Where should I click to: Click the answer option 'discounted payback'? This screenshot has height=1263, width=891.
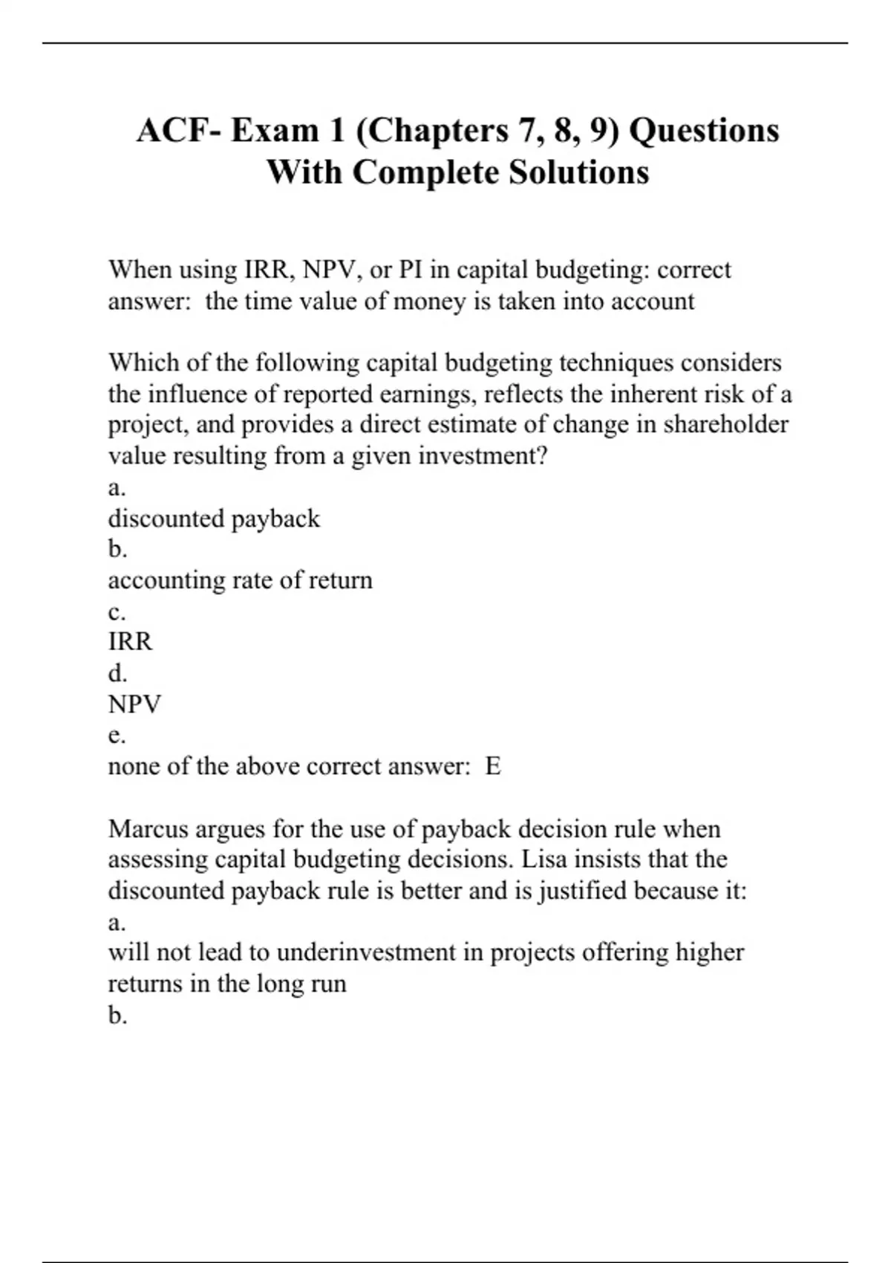214,519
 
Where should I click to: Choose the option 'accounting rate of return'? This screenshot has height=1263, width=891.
240,580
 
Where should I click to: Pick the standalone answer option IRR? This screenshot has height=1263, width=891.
130,642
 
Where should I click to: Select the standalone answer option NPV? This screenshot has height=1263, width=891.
134,704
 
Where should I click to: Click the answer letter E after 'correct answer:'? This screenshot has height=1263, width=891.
493,766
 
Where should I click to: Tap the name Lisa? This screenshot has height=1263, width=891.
543,860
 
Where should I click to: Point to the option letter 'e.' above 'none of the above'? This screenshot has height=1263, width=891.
117,736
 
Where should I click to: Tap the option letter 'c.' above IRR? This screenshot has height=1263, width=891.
117,612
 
